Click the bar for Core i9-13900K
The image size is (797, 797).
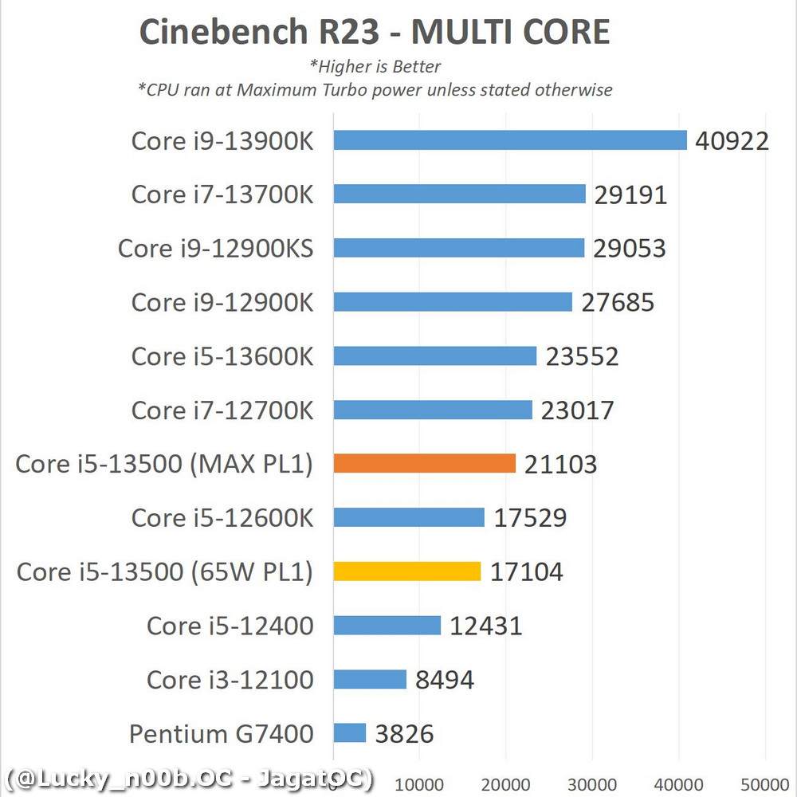[510, 140]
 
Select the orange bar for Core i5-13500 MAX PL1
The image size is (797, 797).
[425, 464]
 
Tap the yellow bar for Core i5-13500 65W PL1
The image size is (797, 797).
[407, 571]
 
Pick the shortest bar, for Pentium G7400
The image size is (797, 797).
[350, 733]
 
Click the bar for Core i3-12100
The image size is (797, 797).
[370, 679]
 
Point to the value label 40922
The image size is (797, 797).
[732, 141]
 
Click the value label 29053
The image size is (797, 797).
[629, 249]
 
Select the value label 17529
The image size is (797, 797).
[530, 518]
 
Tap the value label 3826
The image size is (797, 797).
[404, 733]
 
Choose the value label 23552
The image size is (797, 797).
[582, 356]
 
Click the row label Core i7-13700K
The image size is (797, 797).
[222, 194]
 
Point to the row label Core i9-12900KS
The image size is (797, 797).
[215, 249]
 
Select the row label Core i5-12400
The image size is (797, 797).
[230, 626]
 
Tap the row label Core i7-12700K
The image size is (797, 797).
[222, 410]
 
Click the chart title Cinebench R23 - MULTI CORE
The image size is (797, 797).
[375, 32]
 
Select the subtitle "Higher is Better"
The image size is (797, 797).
[375, 67]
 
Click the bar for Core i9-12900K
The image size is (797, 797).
[453, 302]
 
